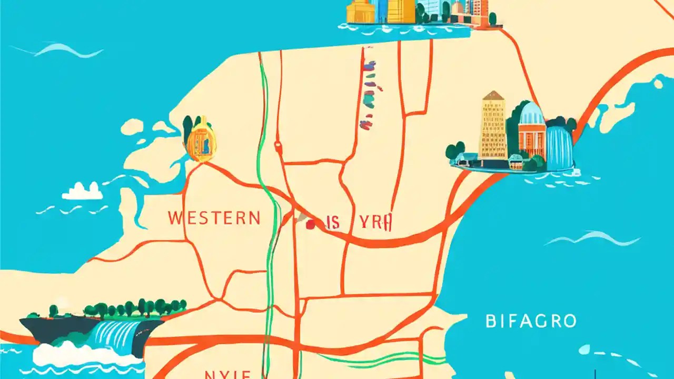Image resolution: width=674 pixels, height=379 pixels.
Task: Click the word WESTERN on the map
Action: pyautogui.click(x=214, y=218)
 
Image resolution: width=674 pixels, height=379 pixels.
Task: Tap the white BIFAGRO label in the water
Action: pyautogui.click(x=531, y=321)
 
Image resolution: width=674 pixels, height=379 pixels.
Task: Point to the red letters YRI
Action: pyautogui.click(x=375, y=223)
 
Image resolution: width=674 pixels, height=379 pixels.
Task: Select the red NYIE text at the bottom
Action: pyautogui.click(x=228, y=374)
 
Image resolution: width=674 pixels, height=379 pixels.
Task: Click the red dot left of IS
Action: pyautogui.click(x=310, y=224)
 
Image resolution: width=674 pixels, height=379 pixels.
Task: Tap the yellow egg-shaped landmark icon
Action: pyautogui.click(x=200, y=140)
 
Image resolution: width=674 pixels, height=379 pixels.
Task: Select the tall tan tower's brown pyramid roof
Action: pyautogui.click(x=493, y=96)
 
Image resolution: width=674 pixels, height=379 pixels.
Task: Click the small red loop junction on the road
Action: pyautogui.click(x=277, y=147)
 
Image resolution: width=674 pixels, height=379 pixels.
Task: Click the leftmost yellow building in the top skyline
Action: pyautogui.click(x=361, y=12)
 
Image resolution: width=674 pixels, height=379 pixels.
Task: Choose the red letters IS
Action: pyautogui.click(x=333, y=223)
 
